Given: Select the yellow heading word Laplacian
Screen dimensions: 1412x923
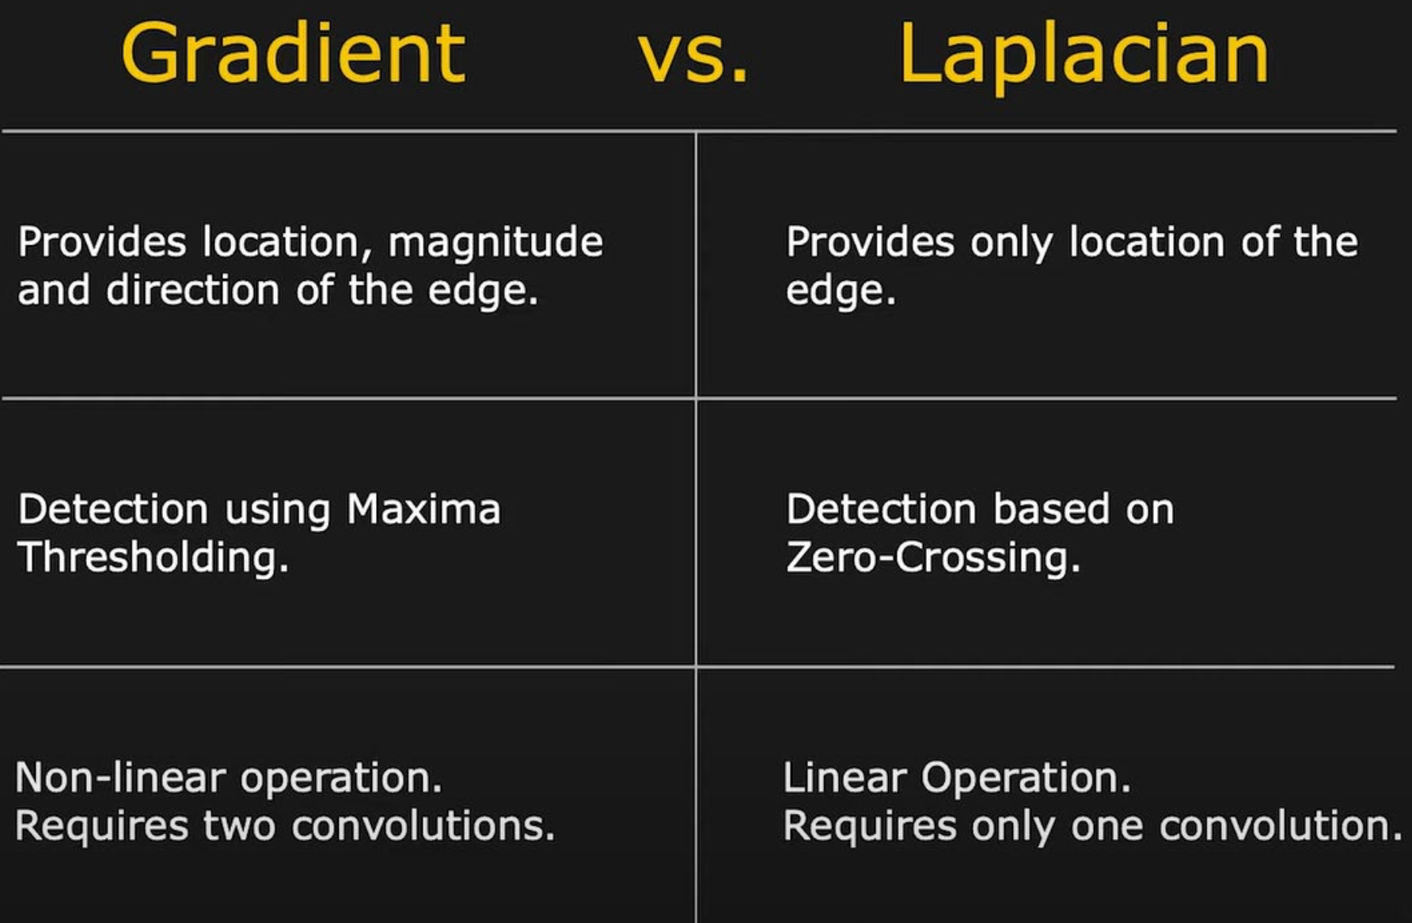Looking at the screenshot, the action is [x=1084, y=55].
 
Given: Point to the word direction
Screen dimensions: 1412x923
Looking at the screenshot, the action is [x=193, y=290].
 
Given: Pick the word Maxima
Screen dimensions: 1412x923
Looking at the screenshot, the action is [x=423, y=508].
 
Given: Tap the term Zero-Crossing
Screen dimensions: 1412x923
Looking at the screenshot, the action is [x=932, y=557].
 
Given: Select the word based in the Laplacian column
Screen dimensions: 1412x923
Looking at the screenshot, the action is [x=1051, y=508].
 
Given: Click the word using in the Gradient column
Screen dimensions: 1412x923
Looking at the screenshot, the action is [x=277, y=511].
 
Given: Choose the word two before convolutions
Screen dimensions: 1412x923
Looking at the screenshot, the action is [x=240, y=826].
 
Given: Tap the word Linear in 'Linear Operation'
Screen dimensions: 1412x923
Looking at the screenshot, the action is [x=844, y=777].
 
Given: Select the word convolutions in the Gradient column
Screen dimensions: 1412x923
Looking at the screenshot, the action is [x=423, y=826].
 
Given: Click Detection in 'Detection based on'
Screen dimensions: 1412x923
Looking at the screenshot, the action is [x=881, y=508].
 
